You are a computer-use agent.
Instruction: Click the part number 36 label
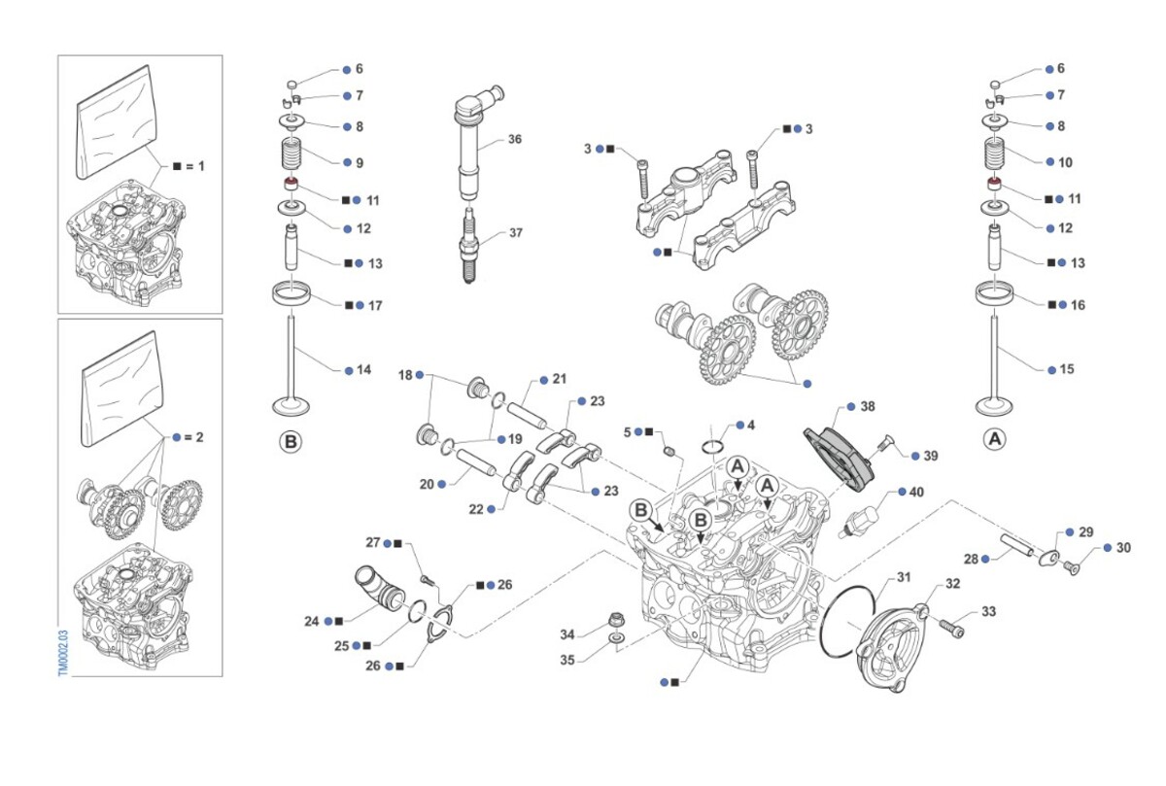pyautogui.click(x=515, y=139)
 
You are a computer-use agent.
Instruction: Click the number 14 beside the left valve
pyautogui.click(x=363, y=369)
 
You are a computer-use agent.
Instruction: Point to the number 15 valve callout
pyautogui.click(x=1066, y=369)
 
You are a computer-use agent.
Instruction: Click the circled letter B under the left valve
pyautogui.click(x=291, y=441)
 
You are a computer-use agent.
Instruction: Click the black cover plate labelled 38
pyautogui.click(x=840, y=453)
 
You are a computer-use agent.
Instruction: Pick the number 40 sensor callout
pyautogui.click(x=916, y=492)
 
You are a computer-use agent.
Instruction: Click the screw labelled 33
pyautogui.click(x=954, y=632)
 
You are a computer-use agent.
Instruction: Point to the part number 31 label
pyautogui.click(x=904, y=577)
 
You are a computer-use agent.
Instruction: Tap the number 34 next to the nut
pyautogui.click(x=568, y=634)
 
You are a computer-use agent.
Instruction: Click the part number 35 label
pyautogui.click(x=568, y=660)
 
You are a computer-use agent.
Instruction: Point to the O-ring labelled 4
pyautogui.click(x=713, y=446)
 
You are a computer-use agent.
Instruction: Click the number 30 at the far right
pyautogui.click(x=1123, y=548)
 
